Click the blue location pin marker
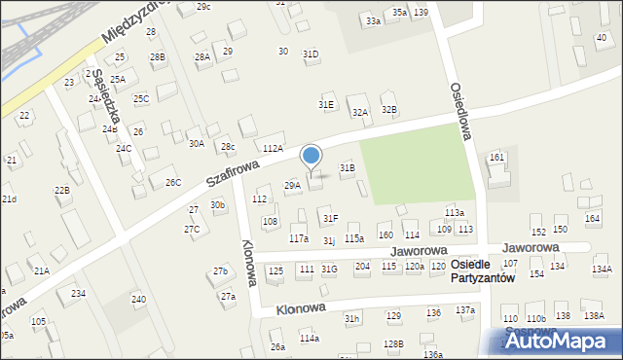coord(311,157)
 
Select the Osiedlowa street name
coord(460,110)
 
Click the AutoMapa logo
coord(556,341)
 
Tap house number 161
coord(496,157)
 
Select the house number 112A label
coord(273,148)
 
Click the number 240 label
coord(139,299)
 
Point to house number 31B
coord(347,168)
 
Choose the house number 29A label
coord(292,185)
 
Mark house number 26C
coord(172,182)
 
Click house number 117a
coord(299,238)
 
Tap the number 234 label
coord(78,293)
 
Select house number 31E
coord(326,104)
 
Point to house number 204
coord(362,266)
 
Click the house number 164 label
coord(592,218)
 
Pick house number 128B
coord(393,343)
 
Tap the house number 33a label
coord(373,20)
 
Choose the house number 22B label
coord(62,190)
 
